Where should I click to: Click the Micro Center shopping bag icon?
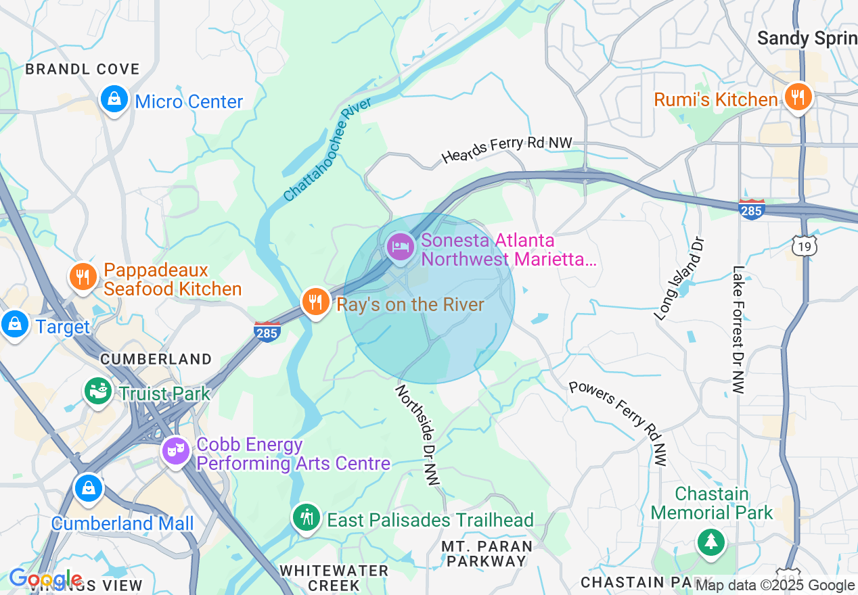[x=114, y=99]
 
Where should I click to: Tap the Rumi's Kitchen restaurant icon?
[x=798, y=97]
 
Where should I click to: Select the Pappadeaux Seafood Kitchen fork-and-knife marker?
[x=82, y=277]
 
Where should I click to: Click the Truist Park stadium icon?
[x=98, y=391]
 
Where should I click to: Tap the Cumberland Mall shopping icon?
[x=88, y=487]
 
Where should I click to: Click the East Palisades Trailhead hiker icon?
[x=307, y=517]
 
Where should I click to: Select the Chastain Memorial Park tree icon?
[x=710, y=542]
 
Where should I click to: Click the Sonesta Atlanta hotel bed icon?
[x=400, y=246]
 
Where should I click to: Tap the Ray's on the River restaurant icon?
[x=315, y=302]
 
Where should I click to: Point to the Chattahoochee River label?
[x=328, y=150]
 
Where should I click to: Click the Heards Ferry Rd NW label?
[x=507, y=149]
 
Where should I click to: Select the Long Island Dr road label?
[x=679, y=279]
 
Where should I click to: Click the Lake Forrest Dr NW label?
[x=738, y=330]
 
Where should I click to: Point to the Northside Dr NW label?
[x=417, y=435]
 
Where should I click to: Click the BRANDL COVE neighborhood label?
[x=82, y=69]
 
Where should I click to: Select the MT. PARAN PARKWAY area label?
[x=486, y=553]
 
